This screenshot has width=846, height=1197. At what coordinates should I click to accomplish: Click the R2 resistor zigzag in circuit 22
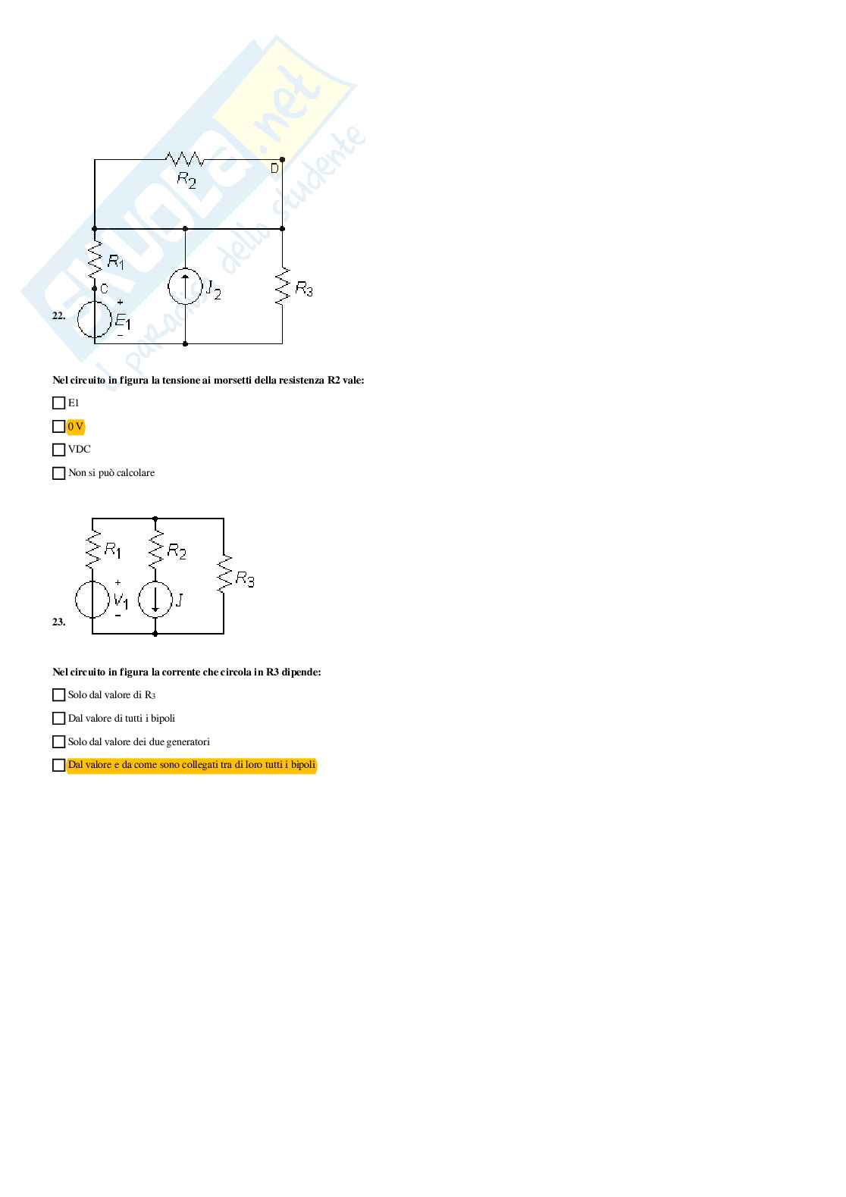pyautogui.click(x=185, y=159)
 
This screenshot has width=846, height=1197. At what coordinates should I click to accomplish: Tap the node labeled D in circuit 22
pyautogui.click(x=274, y=168)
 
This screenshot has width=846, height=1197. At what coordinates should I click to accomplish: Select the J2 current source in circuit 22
pyautogui.click(x=186, y=287)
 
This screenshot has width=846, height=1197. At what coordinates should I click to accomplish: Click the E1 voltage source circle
pyautogui.click(x=95, y=320)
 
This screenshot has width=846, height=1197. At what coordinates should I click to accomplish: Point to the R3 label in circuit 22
pyautogui.click(x=303, y=289)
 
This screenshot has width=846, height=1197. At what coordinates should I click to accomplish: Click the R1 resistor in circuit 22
pyautogui.click(x=95, y=261)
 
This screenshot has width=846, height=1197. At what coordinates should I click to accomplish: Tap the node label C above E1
pyautogui.click(x=105, y=289)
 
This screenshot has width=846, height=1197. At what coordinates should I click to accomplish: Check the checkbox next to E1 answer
pyautogui.click(x=58, y=403)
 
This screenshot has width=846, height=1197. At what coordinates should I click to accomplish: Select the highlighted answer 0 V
pyautogui.click(x=76, y=426)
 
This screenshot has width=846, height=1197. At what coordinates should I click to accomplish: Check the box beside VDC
pyautogui.click(x=58, y=450)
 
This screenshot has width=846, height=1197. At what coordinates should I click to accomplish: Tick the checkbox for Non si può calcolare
pyautogui.click(x=58, y=473)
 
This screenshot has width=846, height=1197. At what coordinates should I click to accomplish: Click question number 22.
pyautogui.click(x=58, y=316)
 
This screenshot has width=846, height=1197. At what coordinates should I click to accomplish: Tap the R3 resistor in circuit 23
pyautogui.click(x=224, y=574)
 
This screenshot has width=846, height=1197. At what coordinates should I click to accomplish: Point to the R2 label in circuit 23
pyautogui.click(x=177, y=551)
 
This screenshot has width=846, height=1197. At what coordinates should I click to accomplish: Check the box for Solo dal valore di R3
pyautogui.click(x=58, y=694)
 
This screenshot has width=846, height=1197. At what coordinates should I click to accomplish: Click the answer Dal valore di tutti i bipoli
pyautogui.click(x=121, y=718)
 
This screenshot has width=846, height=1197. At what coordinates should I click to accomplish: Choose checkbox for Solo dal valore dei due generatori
pyautogui.click(x=58, y=741)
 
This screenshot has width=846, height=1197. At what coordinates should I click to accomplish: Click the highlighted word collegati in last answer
pyautogui.click(x=199, y=765)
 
